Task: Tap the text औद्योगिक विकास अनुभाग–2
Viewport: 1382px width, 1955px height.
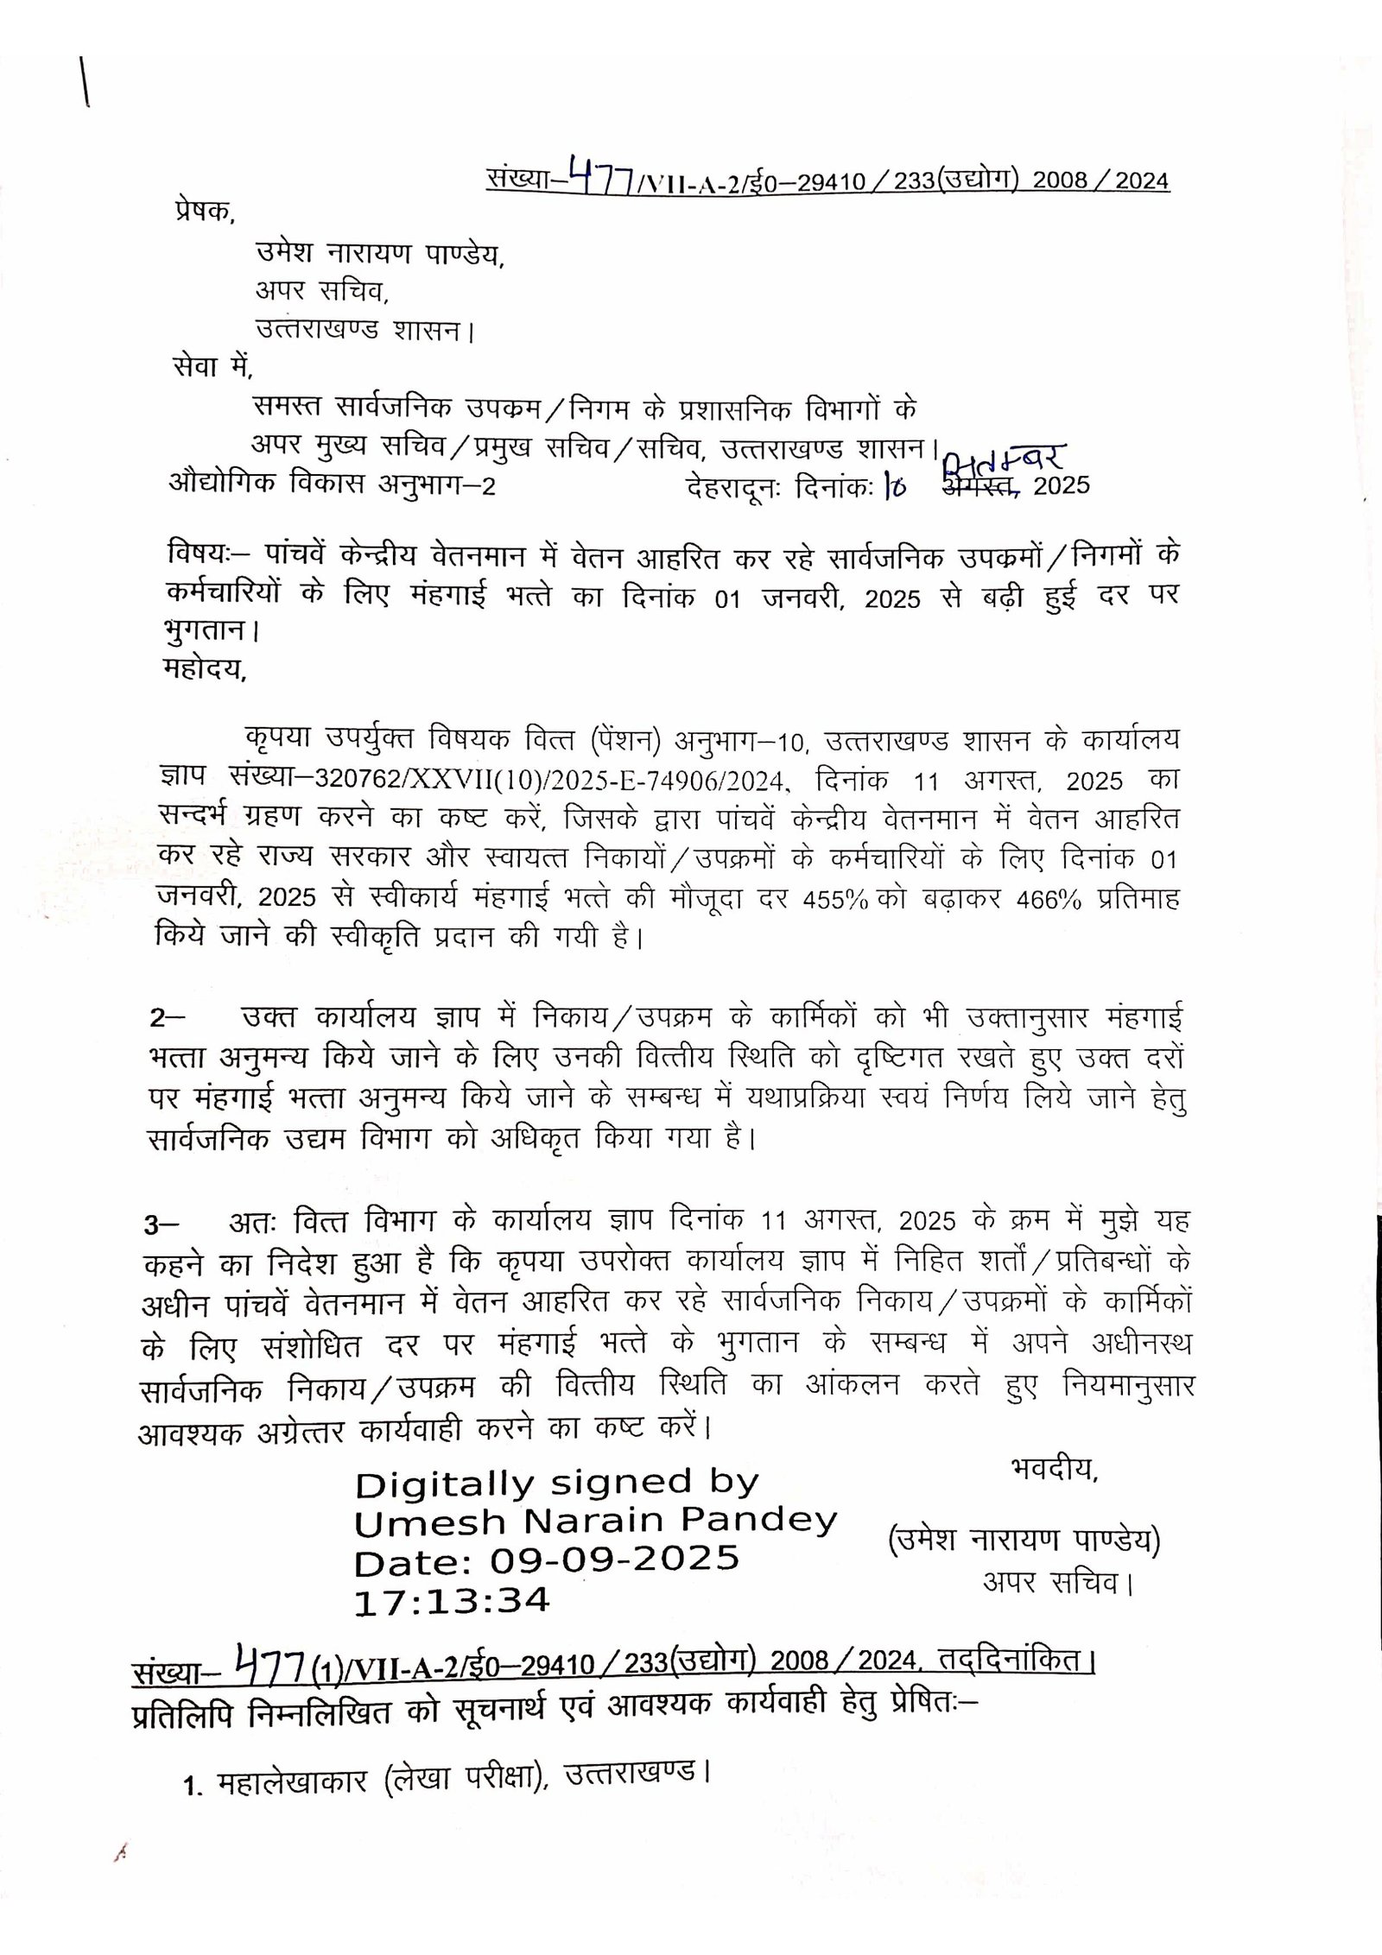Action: pyautogui.click(x=333, y=485)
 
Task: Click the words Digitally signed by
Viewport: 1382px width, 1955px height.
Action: pyautogui.click(x=556, y=1484)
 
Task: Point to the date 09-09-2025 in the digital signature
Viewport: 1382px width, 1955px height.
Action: pyautogui.click(x=614, y=1560)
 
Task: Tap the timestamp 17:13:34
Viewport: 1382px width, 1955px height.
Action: pyautogui.click(x=451, y=1600)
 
